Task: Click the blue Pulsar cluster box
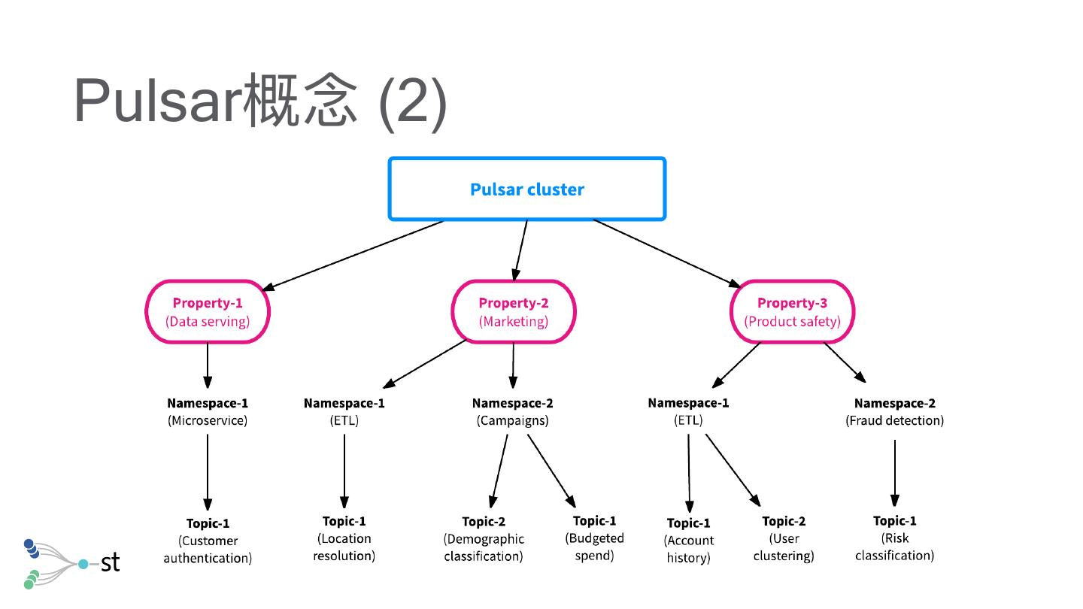coord(526,189)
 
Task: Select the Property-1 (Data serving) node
coord(208,312)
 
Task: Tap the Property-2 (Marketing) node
coord(514,312)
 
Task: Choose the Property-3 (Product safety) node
coord(792,312)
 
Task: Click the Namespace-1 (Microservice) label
coord(208,411)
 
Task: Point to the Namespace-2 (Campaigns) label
coord(512,411)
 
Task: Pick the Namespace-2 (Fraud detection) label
coord(894,411)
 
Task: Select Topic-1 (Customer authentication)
coord(208,541)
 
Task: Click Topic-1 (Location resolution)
coord(344,538)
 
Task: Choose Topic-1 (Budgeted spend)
coord(594,538)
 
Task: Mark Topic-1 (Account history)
coord(688,541)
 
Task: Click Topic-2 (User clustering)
coord(784,538)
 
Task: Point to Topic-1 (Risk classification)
coord(894,538)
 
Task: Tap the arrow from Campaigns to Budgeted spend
coord(551,471)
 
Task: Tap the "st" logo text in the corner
coord(110,562)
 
